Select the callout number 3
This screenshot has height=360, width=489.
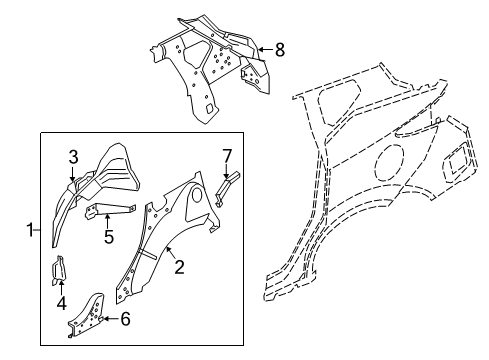click(x=73, y=157)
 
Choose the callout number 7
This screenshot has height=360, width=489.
click(x=227, y=155)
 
